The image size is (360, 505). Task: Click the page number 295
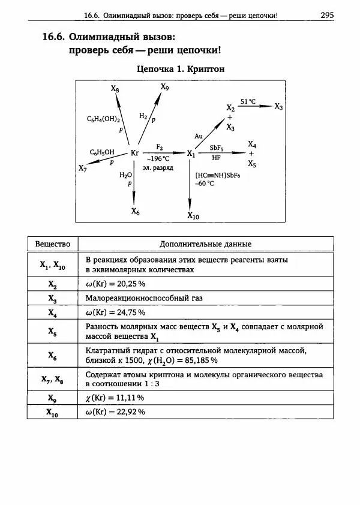(x=327, y=15)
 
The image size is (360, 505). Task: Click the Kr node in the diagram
(x=134, y=154)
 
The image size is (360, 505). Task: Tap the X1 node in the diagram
(x=191, y=154)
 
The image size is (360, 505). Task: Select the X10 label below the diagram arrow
(x=193, y=215)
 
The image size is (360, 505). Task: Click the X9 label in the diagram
(x=165, y=87)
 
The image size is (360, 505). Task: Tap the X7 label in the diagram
(x=83, y=169)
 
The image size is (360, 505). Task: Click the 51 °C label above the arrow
(x=248, y=102)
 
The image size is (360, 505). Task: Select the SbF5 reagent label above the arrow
(x=217, y=147)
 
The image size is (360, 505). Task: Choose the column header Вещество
(x=53, y=244)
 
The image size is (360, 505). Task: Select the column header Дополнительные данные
(x=205, y=244)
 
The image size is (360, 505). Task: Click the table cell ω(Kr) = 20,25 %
(x=116, y=284)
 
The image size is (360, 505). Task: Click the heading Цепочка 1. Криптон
(x=181, y=69)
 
